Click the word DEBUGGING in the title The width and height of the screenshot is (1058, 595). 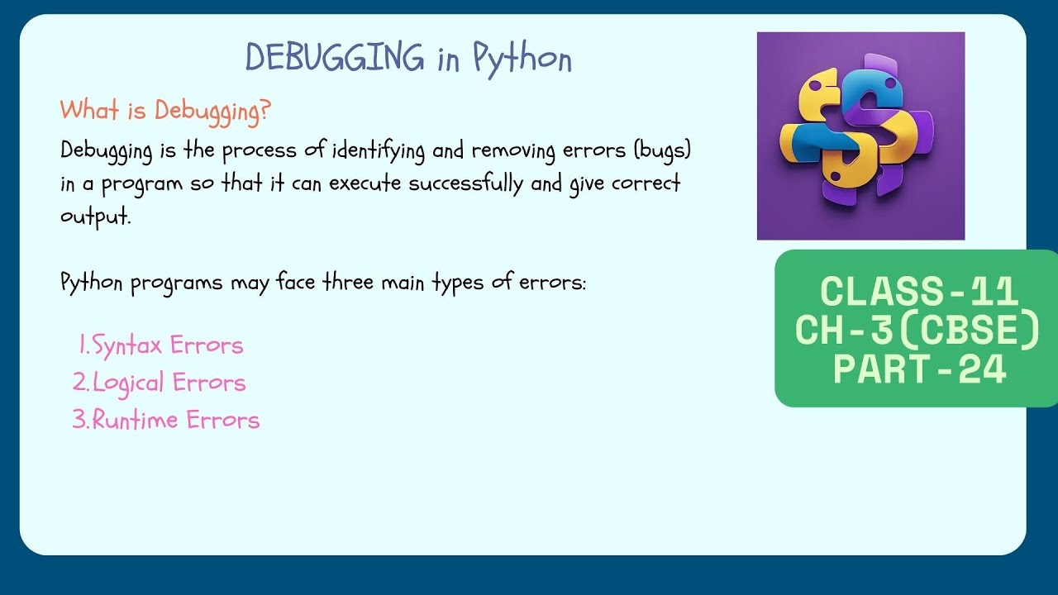pos(335,58)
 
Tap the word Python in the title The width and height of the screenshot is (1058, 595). pos(522,59)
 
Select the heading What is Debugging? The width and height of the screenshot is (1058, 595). pos(165,110)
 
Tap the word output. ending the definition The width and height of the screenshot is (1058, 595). pos(96,217)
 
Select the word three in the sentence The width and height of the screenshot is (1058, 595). pos(349,283)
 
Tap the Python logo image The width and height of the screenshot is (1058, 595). pos(860,136)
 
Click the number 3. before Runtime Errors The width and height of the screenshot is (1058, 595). pos(80,420)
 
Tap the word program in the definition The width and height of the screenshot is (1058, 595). pos(142,184)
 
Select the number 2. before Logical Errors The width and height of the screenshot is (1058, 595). pos(80,383)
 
